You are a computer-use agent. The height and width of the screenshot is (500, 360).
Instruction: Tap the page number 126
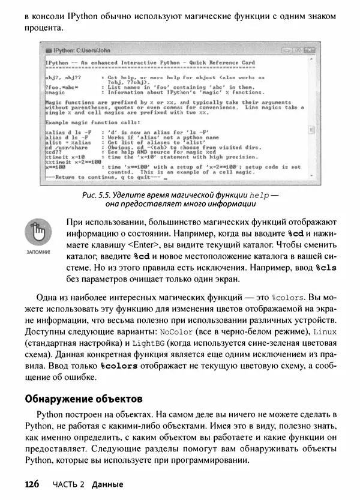(x=32, y=484)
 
